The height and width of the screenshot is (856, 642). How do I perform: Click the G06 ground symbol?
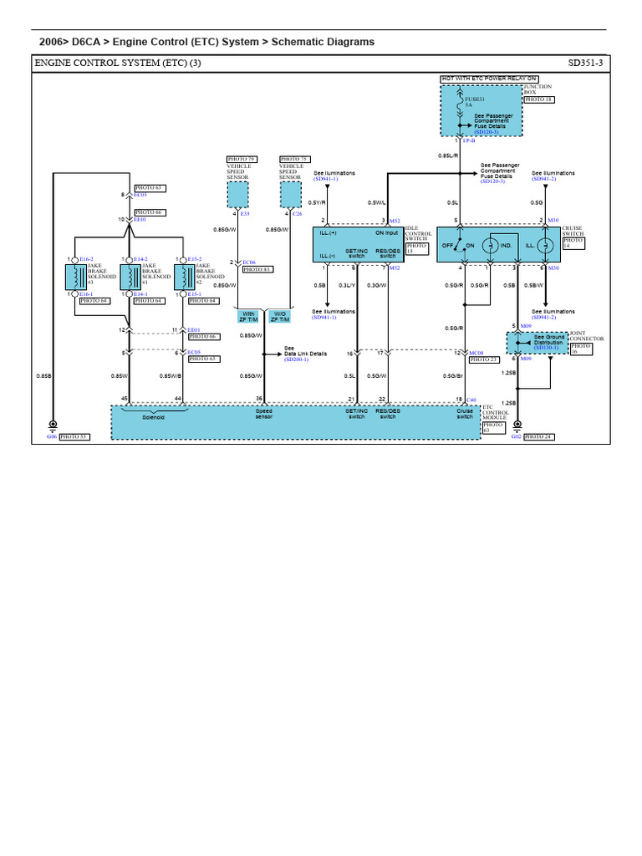click(52, 425)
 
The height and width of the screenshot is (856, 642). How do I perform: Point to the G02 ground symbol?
click(517, 425)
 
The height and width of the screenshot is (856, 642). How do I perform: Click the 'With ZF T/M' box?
click(248, 317)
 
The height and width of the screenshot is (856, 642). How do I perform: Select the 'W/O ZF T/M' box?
click(279, 317)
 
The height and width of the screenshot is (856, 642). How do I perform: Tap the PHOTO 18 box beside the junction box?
click(538, 99)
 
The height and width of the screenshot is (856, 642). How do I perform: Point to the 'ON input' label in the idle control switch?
click(385, 233)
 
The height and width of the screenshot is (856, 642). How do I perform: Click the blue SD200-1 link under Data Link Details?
click(296, 359)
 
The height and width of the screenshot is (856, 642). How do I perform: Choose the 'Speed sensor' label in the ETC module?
click(264, 414)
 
